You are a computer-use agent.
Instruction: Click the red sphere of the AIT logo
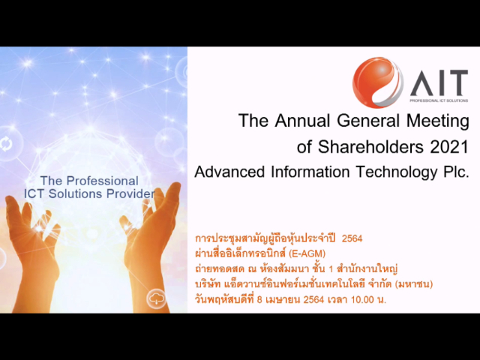coord(377,82)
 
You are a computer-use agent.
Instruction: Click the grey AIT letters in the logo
coord(439,82)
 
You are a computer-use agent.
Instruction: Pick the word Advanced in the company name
coord(226,172)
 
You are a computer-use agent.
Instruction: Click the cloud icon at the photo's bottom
coord(157,295)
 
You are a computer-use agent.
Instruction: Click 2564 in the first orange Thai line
coord(352,238)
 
